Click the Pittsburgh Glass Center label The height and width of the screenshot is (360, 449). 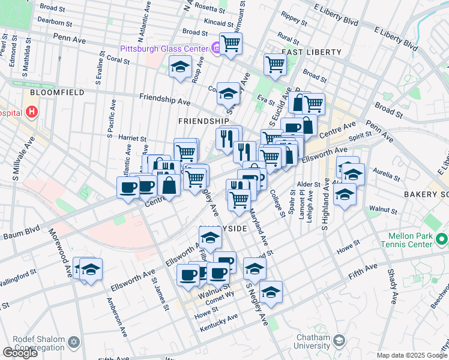tap(163, 48)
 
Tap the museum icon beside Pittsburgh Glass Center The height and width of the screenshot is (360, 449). tap(214, 48)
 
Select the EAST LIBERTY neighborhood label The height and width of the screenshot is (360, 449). tap(311, 52)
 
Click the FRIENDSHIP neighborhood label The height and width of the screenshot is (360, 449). tap(203, 121)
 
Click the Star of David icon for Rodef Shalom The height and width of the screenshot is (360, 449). tap(74, 341)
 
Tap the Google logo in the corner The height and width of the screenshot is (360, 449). tap(19, 353)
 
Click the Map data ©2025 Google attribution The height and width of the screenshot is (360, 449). tap(412, 355)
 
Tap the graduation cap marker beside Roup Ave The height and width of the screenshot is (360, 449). tap(179, 67)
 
